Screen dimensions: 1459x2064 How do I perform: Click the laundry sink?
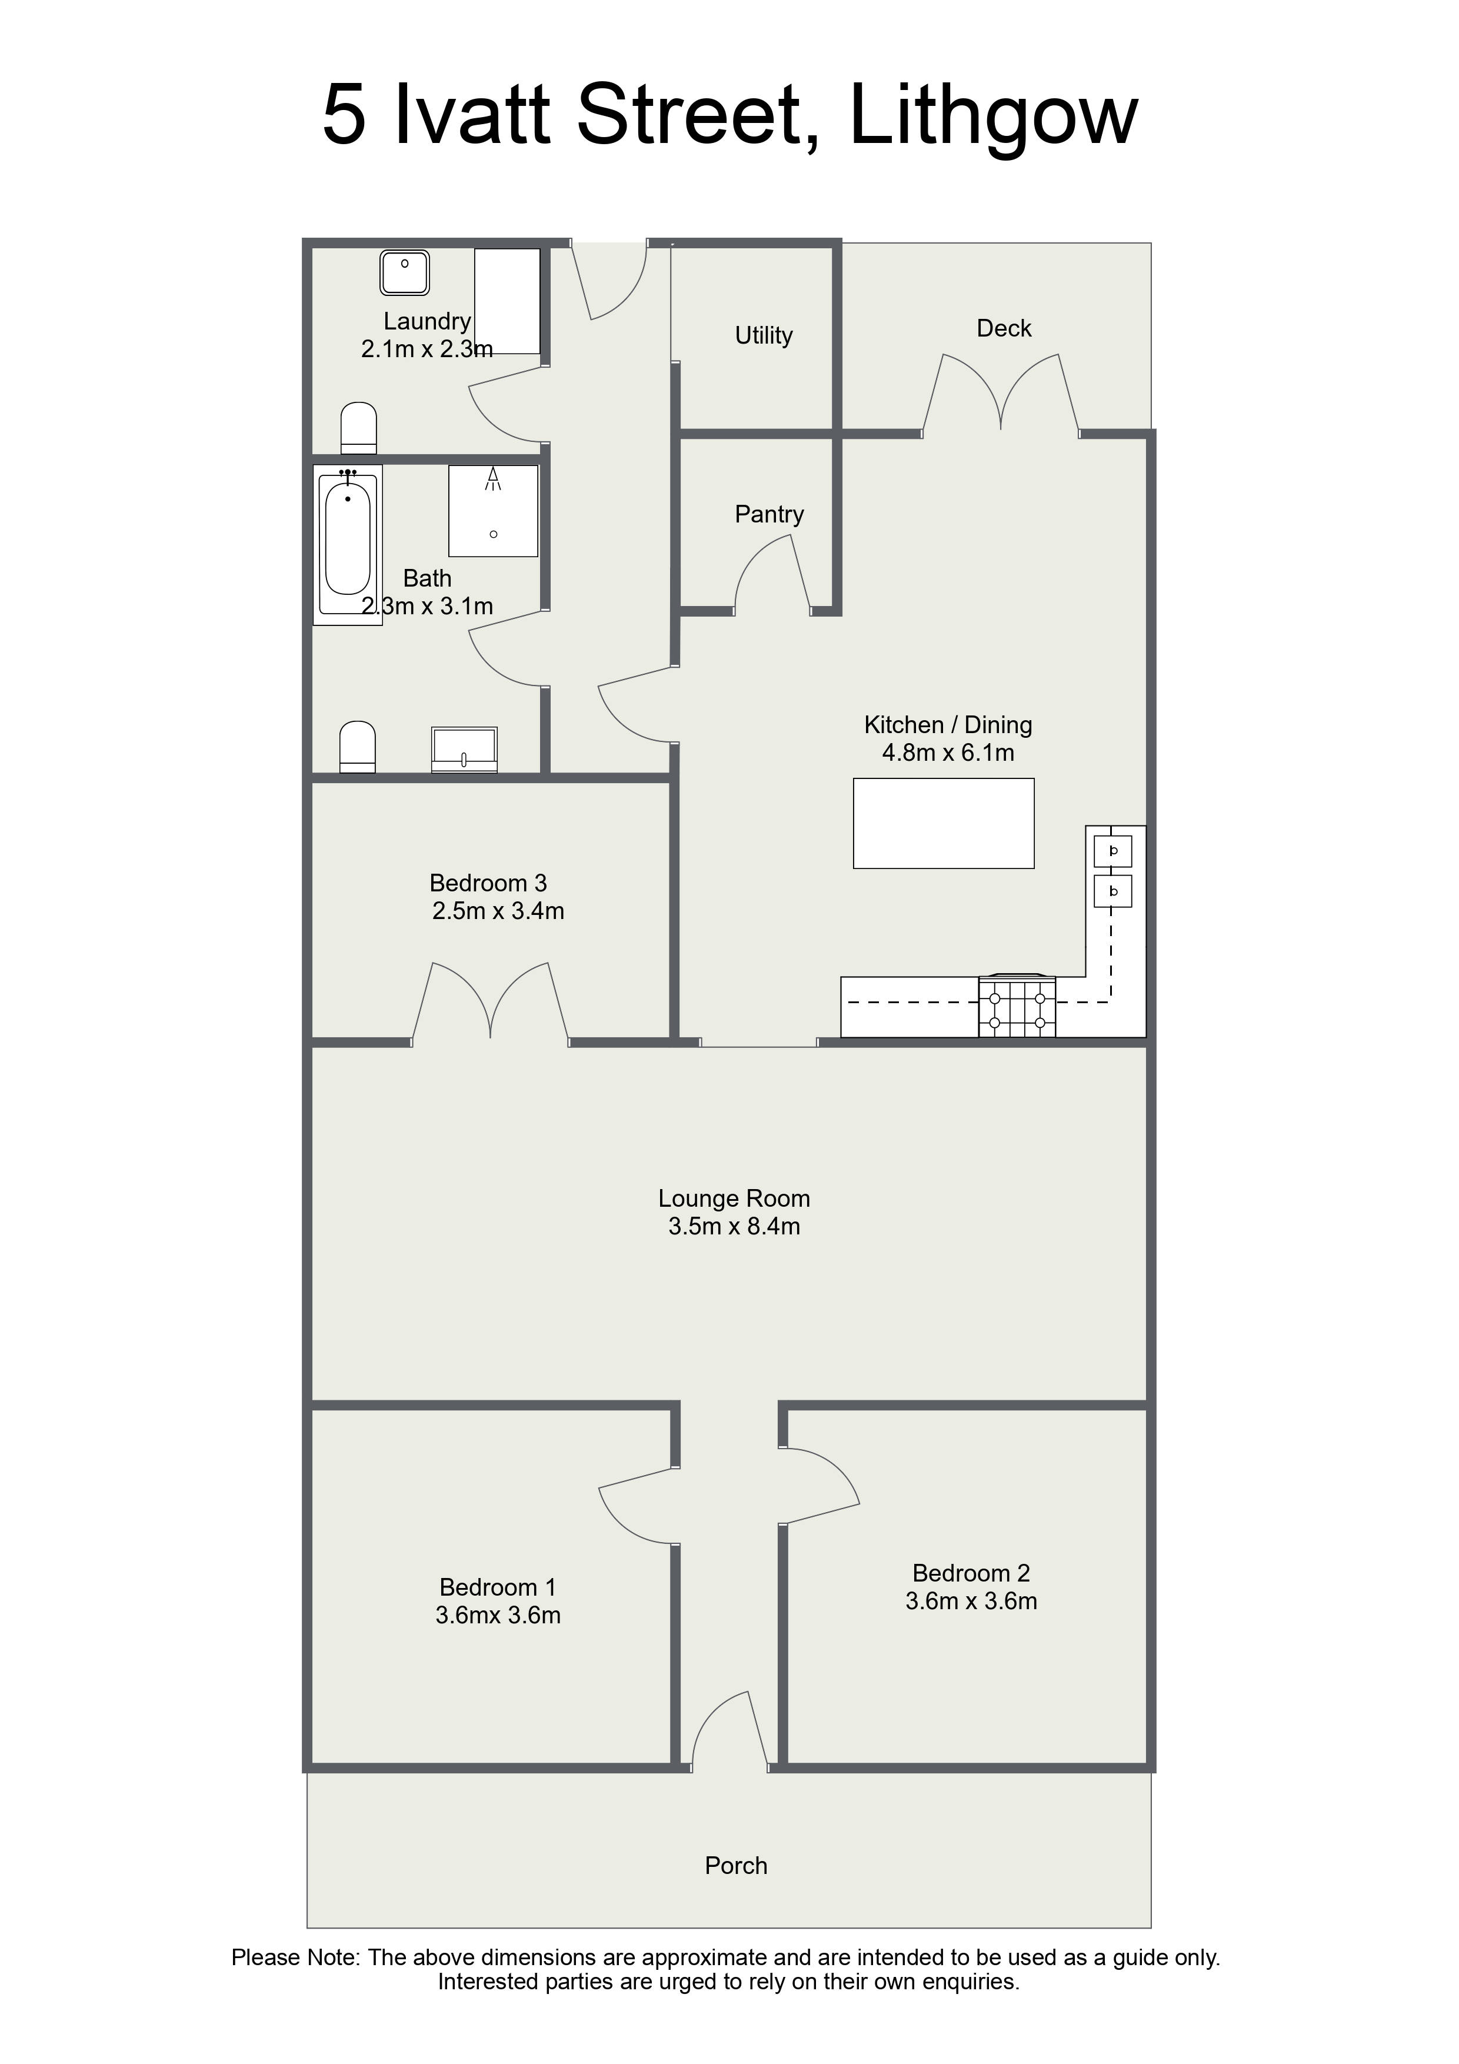(x=405, y=272)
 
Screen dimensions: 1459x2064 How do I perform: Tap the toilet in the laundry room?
(x=359, y=428)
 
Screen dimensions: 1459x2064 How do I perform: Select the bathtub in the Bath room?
(x=348, y=545)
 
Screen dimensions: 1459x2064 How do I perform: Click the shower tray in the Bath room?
(x=494, y=511)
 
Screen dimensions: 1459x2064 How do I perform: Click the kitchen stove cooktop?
(x=1017, y=1006)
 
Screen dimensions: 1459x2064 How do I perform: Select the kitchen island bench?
(x=944, y=824)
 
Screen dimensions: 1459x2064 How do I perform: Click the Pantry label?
(x=770, y=515)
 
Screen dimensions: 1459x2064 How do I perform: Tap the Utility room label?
(x=764, y=336)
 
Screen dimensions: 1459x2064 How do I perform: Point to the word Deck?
(x=1004, y=328)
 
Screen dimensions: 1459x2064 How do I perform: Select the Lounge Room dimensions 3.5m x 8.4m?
(x=734, y=1226)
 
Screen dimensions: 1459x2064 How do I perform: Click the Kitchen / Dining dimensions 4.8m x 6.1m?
(x=948, y=753)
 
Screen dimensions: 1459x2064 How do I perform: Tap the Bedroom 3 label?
(x=488, y=883)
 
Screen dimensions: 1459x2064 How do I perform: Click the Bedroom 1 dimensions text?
(x=498, y=1616)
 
